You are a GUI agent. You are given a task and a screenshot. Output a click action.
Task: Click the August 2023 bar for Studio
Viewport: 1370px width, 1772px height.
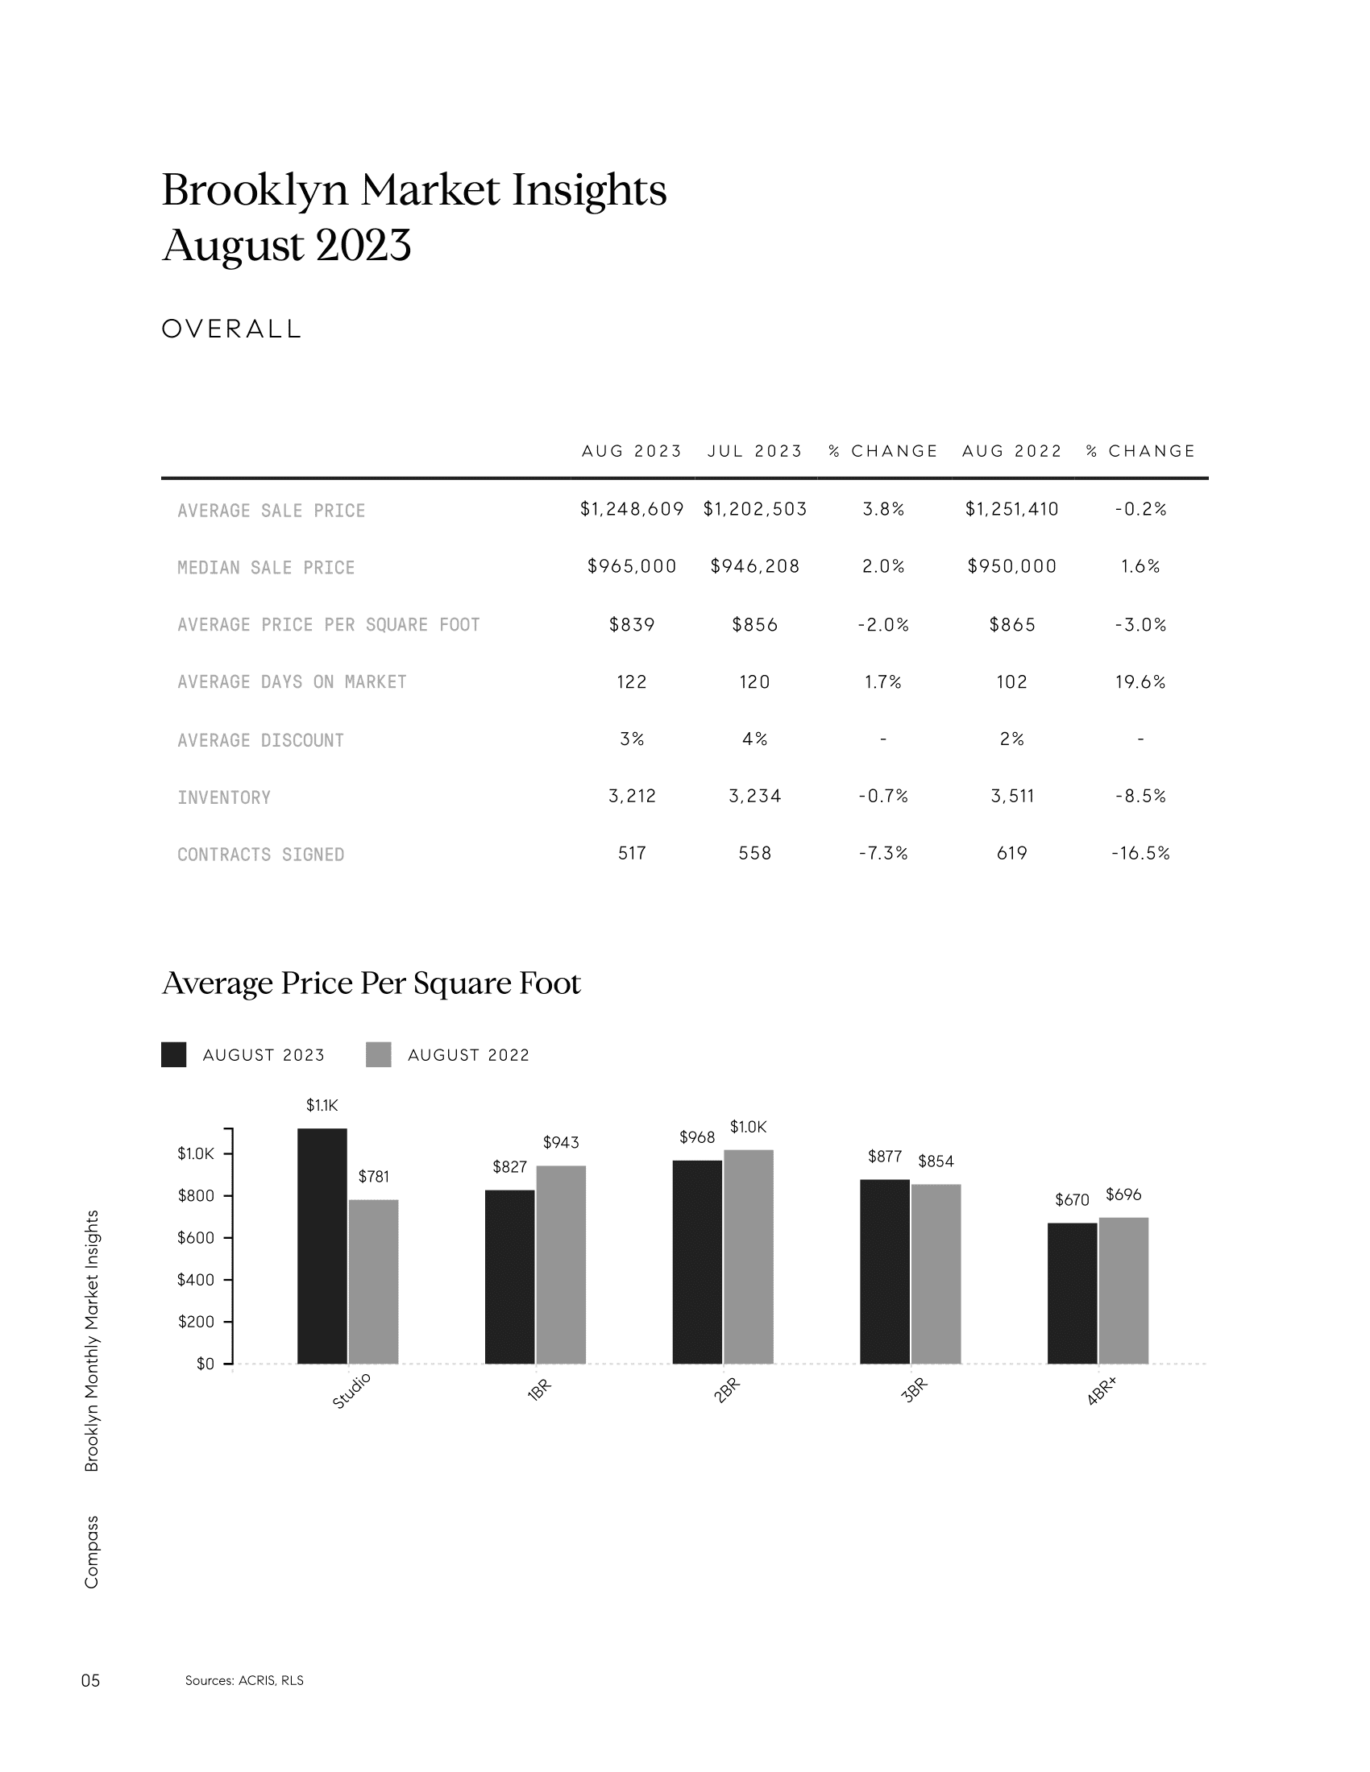pos(322,1246)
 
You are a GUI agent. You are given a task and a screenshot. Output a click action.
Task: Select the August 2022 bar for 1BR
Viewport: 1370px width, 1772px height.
pos(561,1265)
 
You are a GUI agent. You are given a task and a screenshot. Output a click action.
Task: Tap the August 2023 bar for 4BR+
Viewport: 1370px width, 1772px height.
pos(1072,1294)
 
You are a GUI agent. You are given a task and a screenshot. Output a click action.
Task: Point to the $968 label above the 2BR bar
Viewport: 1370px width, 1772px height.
pos(697,1137)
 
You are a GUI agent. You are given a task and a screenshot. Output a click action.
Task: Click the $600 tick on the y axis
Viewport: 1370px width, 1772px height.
pos(196,1238)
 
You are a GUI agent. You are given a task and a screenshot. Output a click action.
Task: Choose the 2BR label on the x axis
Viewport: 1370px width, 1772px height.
pos(726,1391)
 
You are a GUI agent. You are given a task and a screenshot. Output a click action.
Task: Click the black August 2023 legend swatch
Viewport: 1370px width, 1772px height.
pos(174,1055)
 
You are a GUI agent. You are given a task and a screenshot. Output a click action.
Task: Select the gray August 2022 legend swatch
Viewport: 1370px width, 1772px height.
pos(378,1055)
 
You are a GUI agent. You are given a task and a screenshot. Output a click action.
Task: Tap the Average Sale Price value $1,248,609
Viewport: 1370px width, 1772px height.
pos(632,510)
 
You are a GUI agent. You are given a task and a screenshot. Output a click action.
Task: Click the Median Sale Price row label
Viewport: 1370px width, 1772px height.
pos(266,568)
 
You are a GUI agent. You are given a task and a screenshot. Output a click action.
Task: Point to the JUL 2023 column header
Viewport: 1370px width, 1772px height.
pos(754,451)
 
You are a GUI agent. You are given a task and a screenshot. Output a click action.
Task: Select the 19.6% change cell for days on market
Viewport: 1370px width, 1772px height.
pos(1140,682)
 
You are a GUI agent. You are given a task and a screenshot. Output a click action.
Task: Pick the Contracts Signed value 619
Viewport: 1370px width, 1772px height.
pos(1011,854)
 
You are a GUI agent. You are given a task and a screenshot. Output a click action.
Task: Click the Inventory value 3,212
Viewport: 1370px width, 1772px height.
pos(632,797)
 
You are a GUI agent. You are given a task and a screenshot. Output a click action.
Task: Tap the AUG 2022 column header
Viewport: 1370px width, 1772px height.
pos(1011,451)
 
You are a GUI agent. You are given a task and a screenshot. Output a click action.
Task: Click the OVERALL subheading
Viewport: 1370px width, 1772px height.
pos(232,329)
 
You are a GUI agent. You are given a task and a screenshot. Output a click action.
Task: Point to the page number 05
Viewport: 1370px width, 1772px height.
pos(91,1680)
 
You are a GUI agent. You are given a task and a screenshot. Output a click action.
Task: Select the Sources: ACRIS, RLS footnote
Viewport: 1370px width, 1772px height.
pos(244,1680)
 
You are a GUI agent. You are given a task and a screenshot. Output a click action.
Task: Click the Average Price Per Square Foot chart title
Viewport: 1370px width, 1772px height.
pos(372,983)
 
